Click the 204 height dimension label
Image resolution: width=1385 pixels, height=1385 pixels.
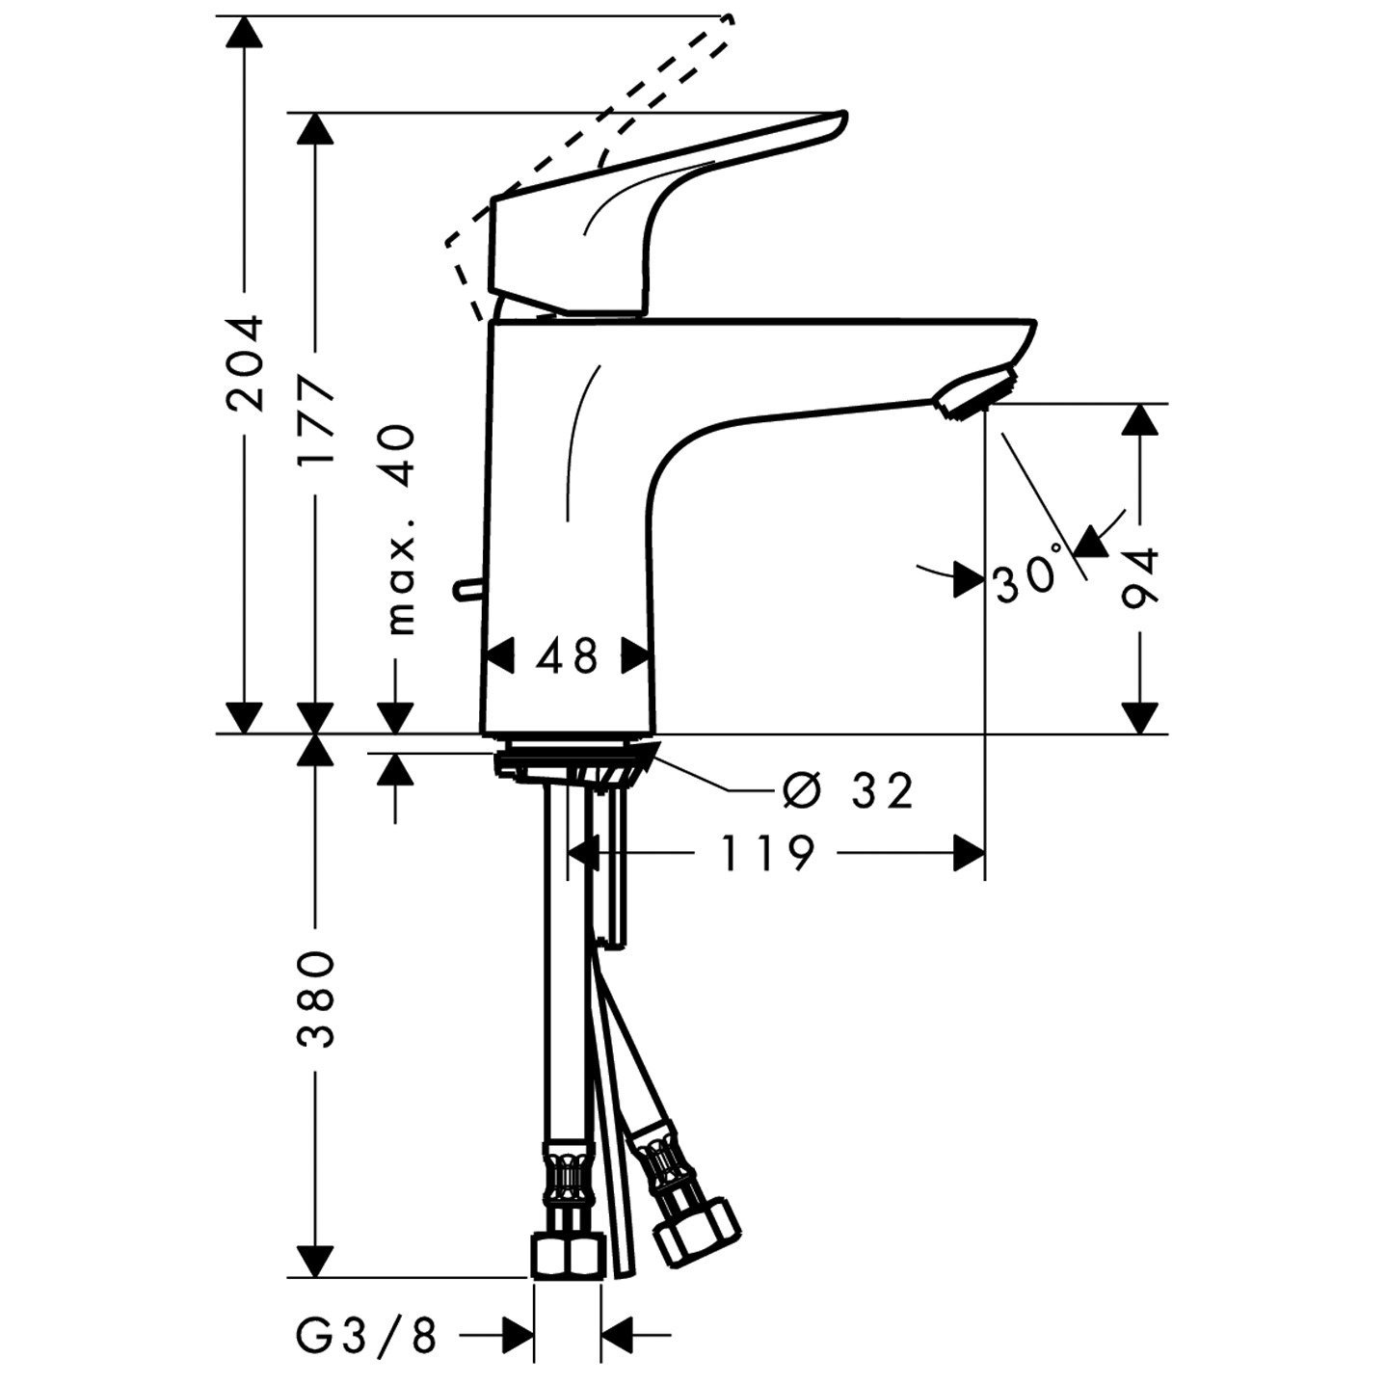[243, 361]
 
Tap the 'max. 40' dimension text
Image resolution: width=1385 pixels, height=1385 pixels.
[398, 530]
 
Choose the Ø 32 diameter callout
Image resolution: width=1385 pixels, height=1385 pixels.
[846, 791]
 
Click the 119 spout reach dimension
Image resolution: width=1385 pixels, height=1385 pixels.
[768, 852]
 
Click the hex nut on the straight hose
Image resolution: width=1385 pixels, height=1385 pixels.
[567, 1255]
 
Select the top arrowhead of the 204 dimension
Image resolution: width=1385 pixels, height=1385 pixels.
[243, 33]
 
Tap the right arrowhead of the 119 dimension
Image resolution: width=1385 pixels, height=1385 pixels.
[969, 852]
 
